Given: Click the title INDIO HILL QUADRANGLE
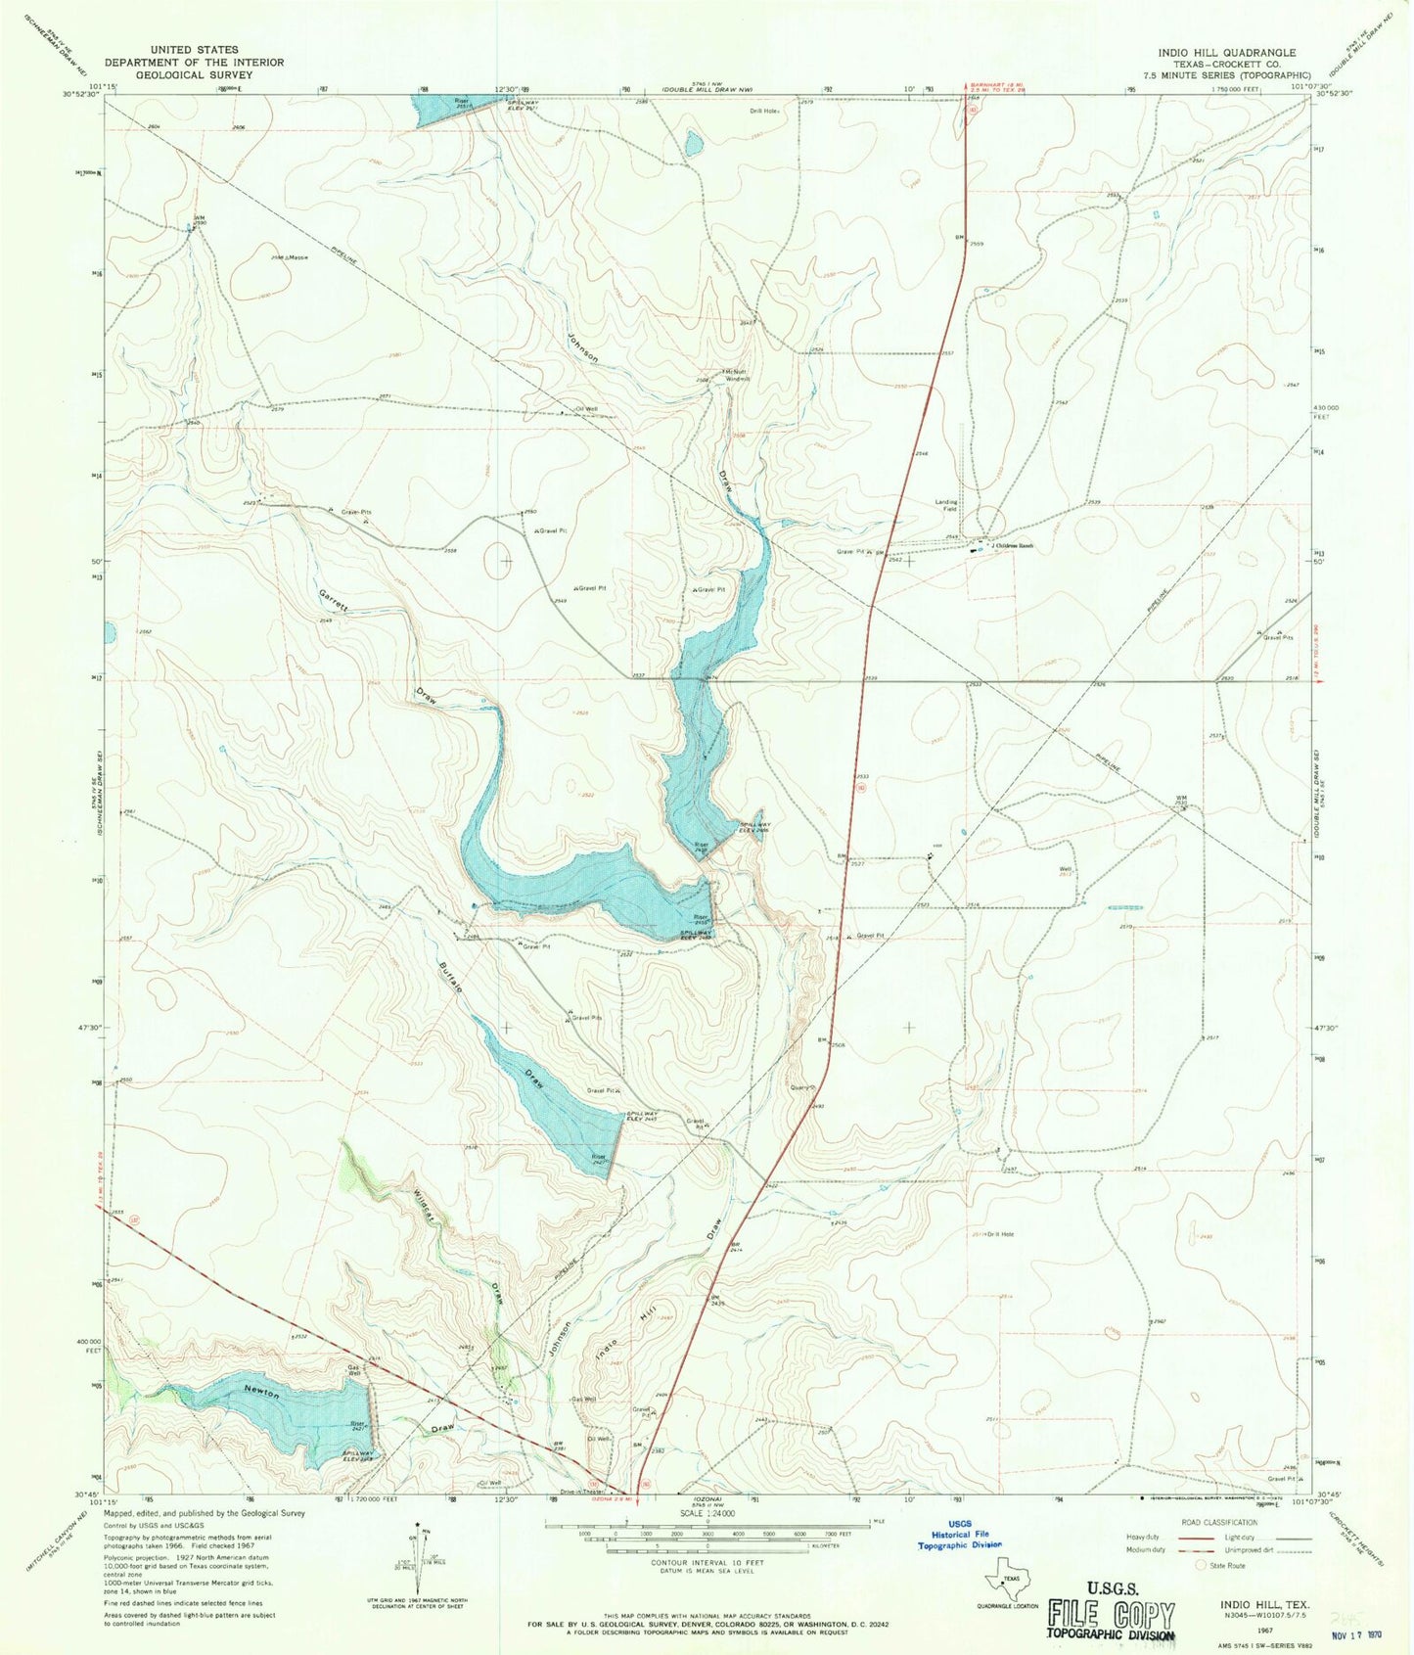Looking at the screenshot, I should (1226, 53).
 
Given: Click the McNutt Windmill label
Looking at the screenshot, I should (735, 376).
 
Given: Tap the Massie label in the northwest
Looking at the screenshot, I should (296, 257).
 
